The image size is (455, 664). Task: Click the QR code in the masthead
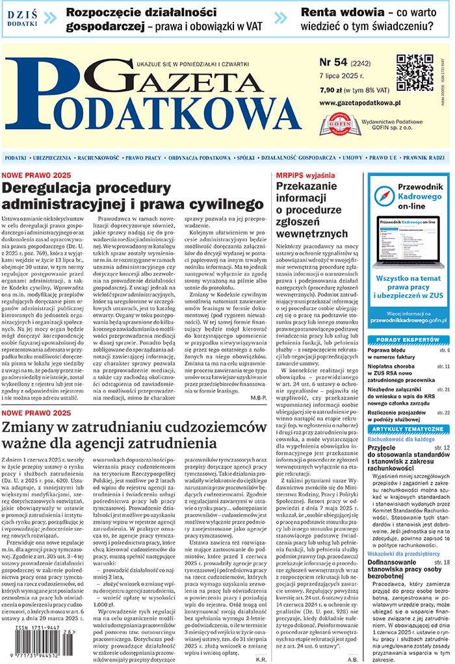point(415,73)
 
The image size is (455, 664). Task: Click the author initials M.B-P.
point(250,395)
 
